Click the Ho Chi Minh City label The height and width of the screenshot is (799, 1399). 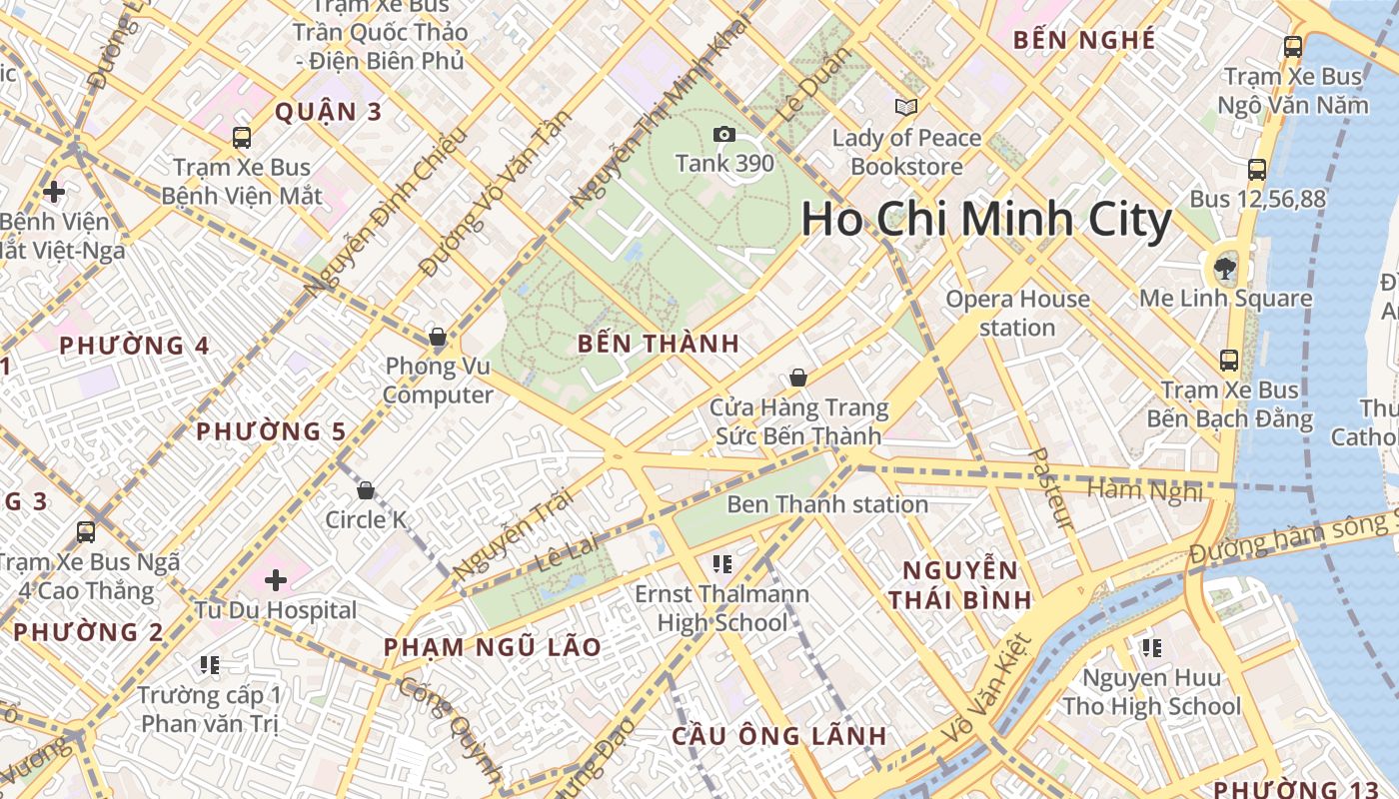[986, 221]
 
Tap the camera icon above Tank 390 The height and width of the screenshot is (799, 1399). [724, 134]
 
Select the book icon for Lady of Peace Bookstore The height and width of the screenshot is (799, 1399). [906, 107]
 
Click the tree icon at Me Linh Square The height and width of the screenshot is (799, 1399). [1224, 268]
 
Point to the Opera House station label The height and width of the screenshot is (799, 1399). [1017, 313]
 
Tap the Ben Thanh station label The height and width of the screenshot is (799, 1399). [827, 504]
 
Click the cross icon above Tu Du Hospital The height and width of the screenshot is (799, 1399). [276, 579]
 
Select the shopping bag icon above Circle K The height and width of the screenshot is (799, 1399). [366, 490]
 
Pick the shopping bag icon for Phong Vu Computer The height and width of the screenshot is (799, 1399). [437, 337]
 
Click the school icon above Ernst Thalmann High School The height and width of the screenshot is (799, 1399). [722, 564]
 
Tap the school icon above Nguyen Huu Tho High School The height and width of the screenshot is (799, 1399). [1151, 648]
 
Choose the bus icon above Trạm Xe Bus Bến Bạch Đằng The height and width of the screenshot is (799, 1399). [1228, 361]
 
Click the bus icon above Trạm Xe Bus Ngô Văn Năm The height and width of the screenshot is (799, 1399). [1293, 46]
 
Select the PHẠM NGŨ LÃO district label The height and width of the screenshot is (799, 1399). [493, 647]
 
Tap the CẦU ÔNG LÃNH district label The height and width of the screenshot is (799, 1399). [778, 737]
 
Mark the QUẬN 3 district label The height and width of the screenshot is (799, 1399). [328, 112]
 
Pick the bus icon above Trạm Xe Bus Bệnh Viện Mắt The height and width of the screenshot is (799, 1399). [242, 138]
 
